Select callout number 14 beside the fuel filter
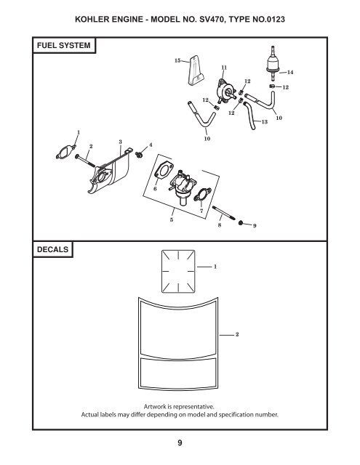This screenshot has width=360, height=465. click(x=290, y=72)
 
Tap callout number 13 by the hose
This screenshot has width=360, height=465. click(x=264, y=121)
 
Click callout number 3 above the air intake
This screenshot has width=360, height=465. click(x=120, y=139)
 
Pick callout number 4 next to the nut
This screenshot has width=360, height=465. click(x=151, y=145)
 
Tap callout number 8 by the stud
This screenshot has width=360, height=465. click(x=219, y=227)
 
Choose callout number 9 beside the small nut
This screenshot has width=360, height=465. click(x=253, y=227)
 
